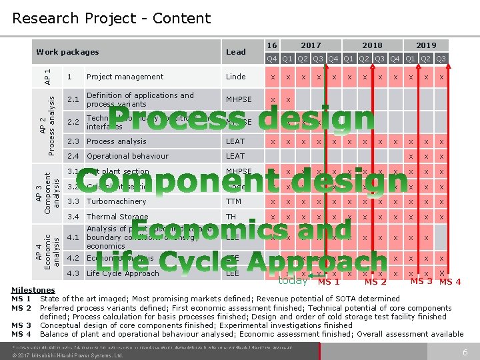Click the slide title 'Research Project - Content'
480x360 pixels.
111,18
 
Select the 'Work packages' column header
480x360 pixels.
67,52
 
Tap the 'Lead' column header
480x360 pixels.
236,52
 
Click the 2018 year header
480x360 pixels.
372,45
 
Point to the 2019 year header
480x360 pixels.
426,45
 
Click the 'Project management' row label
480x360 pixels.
125,77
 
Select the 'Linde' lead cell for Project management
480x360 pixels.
236,77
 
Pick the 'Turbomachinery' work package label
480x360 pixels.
117,201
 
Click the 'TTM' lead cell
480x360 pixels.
234,201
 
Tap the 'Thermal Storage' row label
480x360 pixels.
117,217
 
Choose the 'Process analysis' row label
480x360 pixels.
116,141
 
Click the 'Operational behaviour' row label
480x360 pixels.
127,156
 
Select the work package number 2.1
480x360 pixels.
73,99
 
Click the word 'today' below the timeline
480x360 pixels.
293,281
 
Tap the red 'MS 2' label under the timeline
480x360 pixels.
375,282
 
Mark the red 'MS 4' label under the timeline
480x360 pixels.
450,282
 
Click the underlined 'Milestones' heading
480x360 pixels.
33,290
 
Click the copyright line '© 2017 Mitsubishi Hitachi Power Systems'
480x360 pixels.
67,355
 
